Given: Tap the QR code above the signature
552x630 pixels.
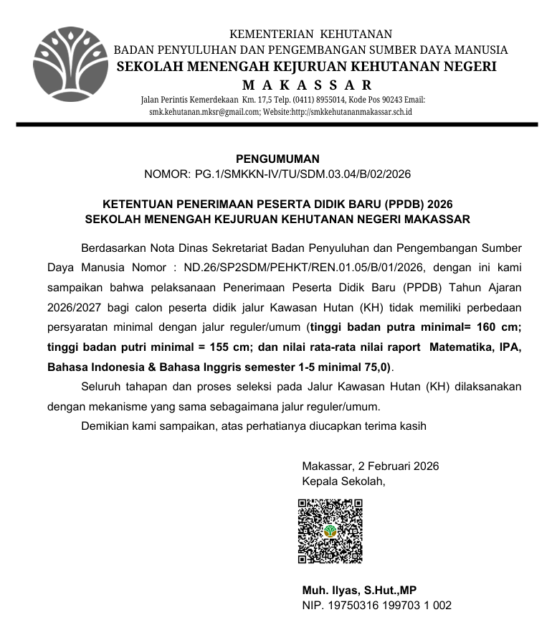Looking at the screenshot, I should point(330,531).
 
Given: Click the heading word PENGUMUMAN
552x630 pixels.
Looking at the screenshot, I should point(277,159).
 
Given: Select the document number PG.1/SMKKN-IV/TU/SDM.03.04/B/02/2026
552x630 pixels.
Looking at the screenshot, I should point(303,174).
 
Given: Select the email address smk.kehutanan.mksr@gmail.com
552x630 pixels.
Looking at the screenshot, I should point(199,112).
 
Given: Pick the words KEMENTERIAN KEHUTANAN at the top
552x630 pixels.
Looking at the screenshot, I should point(310,34).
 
